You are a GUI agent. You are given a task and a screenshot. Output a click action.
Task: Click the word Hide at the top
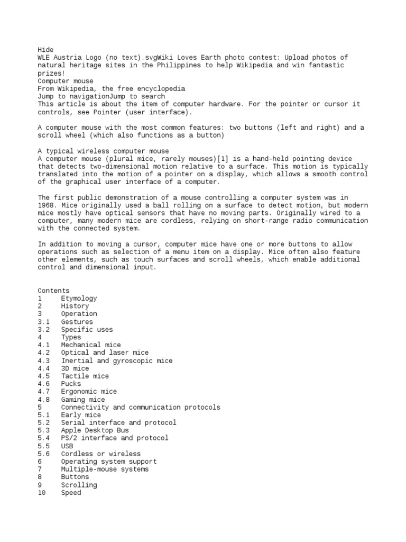pyautogui.click(x=45, y=49)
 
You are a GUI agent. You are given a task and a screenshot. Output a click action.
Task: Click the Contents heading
pyautogui.click(x=53, y=291)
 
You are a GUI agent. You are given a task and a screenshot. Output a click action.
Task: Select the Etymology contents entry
pyautogui.click(x=79, y=299)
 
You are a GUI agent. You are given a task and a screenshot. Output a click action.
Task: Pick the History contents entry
pyautogui.click(x=75, y=306)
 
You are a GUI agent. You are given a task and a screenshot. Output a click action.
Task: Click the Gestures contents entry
pyautogui.click(x=77, y=322)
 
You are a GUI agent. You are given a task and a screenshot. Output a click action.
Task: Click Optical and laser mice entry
pyautogui.click(x=105, y=353)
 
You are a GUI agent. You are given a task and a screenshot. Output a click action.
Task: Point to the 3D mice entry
pyautogui.click(x=75, y=368)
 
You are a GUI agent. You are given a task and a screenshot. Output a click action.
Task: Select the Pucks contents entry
pyautogui.click(x=71, y=384)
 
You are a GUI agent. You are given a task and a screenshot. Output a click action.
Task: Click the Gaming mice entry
pyautogui.click(x=82, y=400)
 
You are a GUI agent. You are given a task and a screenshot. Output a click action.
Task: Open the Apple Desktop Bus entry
pyautogui.click(x=95, y=430)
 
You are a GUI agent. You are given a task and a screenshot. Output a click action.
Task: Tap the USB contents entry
pyautogui.click(x=67, y=446)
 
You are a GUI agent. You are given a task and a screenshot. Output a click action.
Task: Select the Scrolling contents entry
pyautogui.click(x=79, y=485)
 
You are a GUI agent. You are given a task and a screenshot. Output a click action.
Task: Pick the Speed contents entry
pyautogui.click(x=71, y=493)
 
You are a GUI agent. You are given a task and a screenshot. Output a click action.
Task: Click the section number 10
pyautogui.click(x=42, y=493)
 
